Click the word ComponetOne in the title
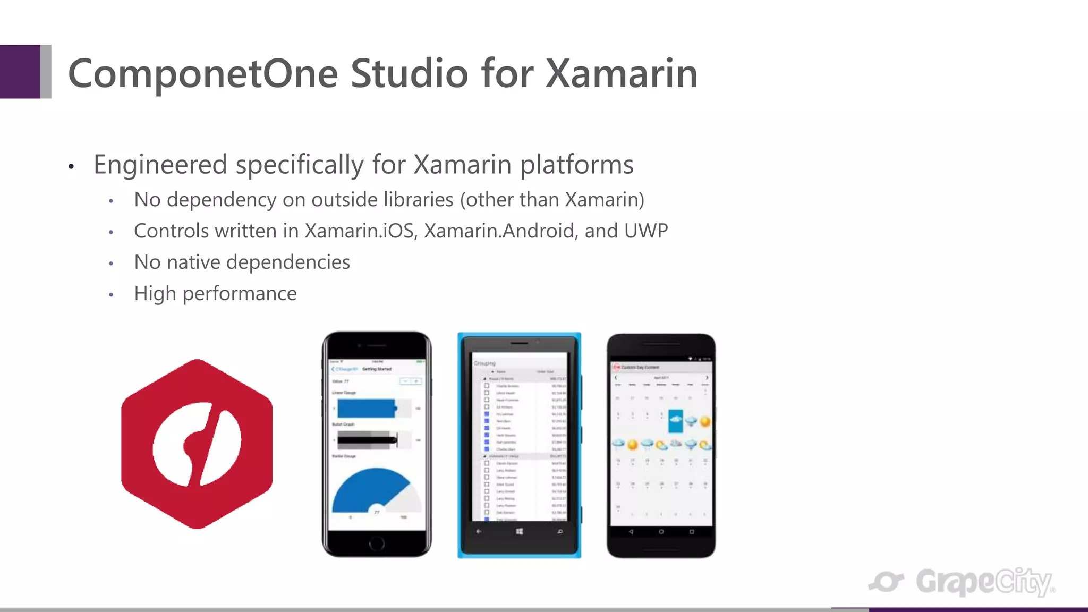[x=203, y=73]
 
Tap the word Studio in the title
[x=409, y=73]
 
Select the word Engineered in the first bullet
[x=160, y=165]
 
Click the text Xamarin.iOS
[x=359, y=231]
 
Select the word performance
[x=240, y=294]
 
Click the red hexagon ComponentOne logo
[x=197, y=444]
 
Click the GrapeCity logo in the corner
[x=962, y=582]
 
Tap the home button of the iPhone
[x=377, y=543]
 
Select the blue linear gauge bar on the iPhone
[x=367, y=409]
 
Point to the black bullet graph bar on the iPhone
[x=367, y=440]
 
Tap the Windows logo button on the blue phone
[x=520, y=531]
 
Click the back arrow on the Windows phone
[x=479, y=531]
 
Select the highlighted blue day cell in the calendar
[x=676, y=421]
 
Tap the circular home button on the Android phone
[x=661, y=532]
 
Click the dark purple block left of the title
[x=20, y=72]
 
